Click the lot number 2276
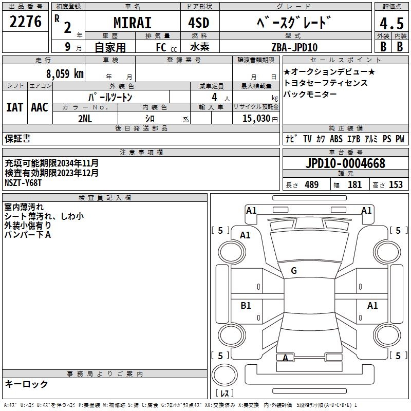coord(26,22)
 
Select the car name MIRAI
coord(133,23)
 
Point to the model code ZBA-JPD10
coord(294,47)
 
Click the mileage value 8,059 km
coord(65,73)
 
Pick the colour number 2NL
coord(85,118)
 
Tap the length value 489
coord(311,185)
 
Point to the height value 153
coord(396,185)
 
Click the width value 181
coord(354,185)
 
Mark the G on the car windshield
coord(294,271)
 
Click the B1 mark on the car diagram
coord(246,306)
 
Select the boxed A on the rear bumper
coord(285,358)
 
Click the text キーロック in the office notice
coord(26,384)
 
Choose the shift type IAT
coord(15,107)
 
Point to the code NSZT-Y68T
coord(24,182)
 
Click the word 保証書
coord(18,139)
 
